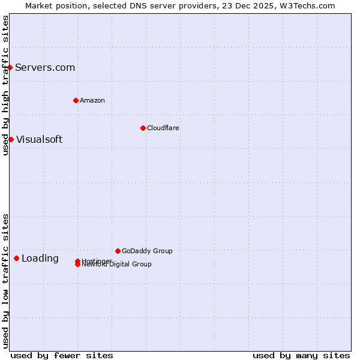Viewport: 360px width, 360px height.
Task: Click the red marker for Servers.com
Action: point(10,67)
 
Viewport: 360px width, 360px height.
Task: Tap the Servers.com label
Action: point(45,67)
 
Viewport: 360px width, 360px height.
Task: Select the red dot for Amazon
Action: point(76,100)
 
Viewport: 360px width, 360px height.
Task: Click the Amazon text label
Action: point(92,100)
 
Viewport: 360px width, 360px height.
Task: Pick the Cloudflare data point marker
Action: point(143,128)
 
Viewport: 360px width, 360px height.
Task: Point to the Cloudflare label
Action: point(163,128)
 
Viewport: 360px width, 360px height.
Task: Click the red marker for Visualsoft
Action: point(11,139)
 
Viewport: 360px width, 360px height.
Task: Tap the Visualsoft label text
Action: point(39,139)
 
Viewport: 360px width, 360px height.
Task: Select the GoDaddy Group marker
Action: point(118,251)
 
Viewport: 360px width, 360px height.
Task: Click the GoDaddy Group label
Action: point(147,251)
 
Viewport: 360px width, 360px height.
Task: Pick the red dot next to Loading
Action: point(16,258)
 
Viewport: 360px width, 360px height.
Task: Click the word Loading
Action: point(40,258)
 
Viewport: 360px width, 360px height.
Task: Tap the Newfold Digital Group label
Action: point(117,265)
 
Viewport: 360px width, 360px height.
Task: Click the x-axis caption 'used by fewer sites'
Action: point(62,355)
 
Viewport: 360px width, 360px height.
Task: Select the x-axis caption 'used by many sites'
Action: point(301,355)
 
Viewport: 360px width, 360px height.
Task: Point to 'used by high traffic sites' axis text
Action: point(5,85)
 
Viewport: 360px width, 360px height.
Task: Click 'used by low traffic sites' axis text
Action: point(5,280)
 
